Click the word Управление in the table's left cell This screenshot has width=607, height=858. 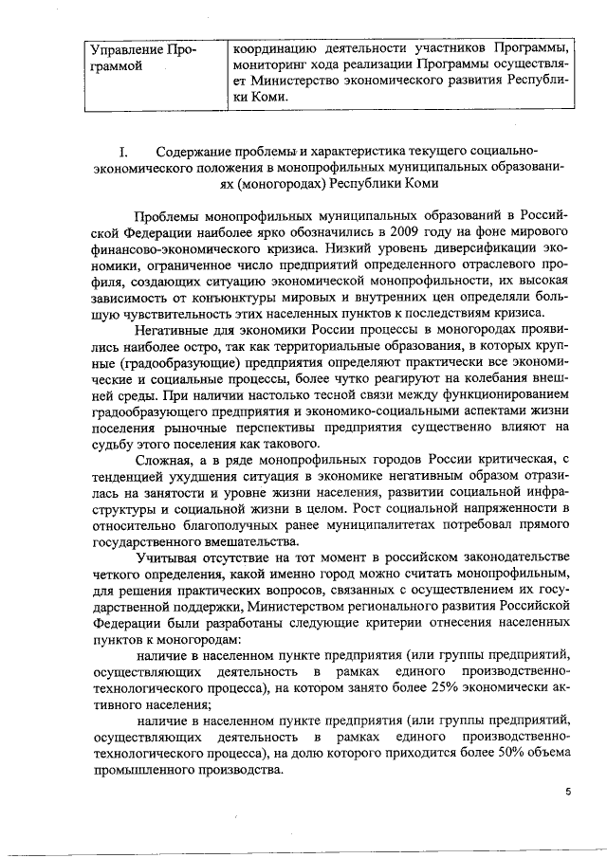(118, 48)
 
